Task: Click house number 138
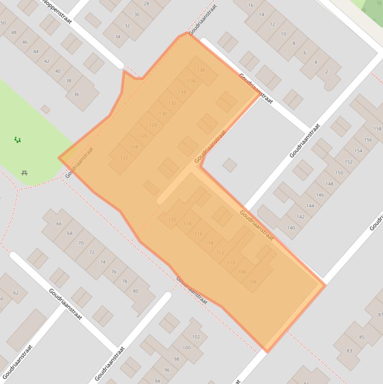tap(201, 70)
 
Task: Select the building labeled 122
tap(124, 158)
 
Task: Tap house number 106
tap(253, 282)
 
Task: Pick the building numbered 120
tap(172, 219)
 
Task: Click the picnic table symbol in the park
tap(24, 173)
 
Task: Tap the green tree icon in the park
tap(18, 140)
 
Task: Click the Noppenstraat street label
tap(58, 11)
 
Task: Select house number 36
tap(76, 94)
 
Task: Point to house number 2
tap(327, 72)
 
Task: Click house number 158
tap(377, 129)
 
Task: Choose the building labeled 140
tap(291, 228)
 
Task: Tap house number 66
tap(59, 224)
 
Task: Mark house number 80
tap(135, 291)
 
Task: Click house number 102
tap(196, 337)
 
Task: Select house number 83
tap(349, 351)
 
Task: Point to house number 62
tap(16, 293)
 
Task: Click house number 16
tap(251, 5)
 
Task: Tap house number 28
tap(146, 3)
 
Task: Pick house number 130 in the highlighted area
tap(162, 114)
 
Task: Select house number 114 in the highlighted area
tap(209, 243)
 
